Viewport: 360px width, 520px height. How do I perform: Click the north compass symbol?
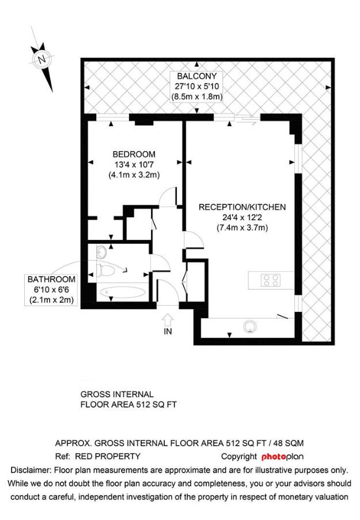[41, 59]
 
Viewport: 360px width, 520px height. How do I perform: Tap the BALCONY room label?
[196, 76]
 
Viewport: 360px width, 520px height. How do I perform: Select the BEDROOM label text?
[134, 154]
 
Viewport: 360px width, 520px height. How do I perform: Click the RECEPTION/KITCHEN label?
[242, 207]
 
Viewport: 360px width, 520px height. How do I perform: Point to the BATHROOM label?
[52, 279]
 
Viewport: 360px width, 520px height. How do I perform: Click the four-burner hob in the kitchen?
[271, 281]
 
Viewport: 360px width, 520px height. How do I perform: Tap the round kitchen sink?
[250, 326]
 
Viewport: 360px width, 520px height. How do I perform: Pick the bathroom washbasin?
[101, 253]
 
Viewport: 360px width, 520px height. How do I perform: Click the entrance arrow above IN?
[168, 318]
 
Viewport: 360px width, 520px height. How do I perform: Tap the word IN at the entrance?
[168, 331]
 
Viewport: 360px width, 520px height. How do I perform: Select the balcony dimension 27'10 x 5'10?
[196, 86]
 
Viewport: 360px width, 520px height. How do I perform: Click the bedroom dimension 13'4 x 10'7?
[134, 164]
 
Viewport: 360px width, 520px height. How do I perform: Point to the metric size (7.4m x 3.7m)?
[242, 228]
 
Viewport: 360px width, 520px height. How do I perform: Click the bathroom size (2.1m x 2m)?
[52, 300]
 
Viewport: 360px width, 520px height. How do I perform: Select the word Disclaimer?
[30, 470]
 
